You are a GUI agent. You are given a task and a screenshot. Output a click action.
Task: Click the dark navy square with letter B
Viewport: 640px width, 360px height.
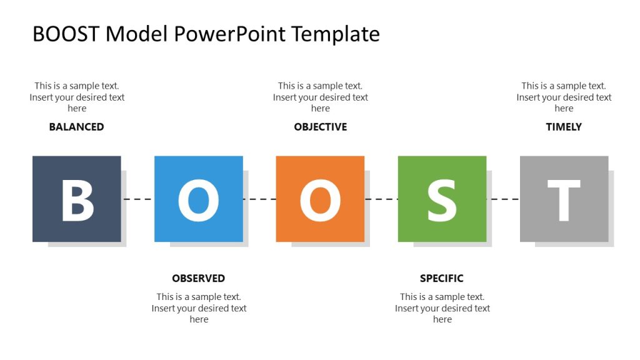[76, 199]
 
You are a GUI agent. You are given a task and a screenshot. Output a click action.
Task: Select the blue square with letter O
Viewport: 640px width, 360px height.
[198, 199]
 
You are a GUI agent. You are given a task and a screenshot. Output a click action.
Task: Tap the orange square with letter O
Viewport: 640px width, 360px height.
[320, 199]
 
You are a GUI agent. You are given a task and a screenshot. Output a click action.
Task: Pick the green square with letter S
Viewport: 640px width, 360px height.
[442, 199]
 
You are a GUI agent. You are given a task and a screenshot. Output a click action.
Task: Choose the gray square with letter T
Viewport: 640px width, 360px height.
[564, 199]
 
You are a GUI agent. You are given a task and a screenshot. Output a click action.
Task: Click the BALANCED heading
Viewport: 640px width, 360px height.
[76, 127]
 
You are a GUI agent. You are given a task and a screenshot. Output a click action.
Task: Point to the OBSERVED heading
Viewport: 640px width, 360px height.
[198, 278]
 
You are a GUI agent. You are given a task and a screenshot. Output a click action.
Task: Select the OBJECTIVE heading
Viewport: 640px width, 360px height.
[320, 127]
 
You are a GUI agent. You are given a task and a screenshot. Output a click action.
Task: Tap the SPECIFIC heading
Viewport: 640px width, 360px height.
[442, 278]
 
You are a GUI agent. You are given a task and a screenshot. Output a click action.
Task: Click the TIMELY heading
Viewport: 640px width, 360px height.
[564, 127]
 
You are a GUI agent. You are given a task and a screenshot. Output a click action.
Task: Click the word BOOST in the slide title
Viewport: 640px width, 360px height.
[66, 34]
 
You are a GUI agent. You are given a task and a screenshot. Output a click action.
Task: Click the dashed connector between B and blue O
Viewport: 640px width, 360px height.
[137, 199]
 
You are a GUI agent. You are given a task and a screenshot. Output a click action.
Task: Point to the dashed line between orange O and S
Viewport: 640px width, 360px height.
[381, 199]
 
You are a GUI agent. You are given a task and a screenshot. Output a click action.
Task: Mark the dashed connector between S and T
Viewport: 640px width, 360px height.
[503, 199]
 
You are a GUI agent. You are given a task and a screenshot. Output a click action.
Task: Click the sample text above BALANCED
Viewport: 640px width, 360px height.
[77, 97]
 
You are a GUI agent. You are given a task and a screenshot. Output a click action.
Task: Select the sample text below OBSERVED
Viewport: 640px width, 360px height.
[199, 308]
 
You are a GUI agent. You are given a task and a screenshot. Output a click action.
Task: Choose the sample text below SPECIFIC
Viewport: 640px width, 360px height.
[442, 308]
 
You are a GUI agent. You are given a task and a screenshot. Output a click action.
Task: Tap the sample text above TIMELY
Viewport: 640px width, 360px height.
[564, 97]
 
